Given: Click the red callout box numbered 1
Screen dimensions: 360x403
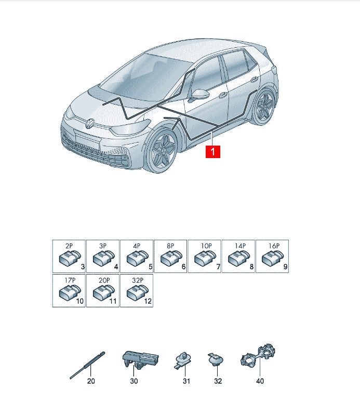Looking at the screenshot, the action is coord(213,152).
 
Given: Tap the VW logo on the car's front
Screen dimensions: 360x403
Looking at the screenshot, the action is coord(90,123).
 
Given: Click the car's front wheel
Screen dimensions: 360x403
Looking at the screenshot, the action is coord(161,150).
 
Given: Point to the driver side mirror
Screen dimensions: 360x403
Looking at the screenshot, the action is coord(198,95).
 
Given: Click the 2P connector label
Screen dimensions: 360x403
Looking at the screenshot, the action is coord(69,246).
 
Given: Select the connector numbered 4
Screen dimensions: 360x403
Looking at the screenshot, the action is coord(103,258).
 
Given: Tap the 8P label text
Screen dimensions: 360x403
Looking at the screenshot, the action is coord(170,246).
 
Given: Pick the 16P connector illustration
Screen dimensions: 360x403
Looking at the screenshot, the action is coord(272,258).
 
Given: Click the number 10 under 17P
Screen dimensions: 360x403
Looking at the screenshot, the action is coord(80,301).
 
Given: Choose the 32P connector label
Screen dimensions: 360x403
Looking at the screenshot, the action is coord(138,280).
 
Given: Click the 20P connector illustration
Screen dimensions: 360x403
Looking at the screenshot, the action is coord(103,292).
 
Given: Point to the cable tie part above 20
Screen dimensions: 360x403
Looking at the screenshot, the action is coord(88,365).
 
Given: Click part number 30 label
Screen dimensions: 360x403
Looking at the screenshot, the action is coord(134,381).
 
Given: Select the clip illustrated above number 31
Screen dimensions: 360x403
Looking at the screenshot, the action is coord(183,360).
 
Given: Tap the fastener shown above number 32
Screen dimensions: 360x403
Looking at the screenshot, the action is coord(216,359).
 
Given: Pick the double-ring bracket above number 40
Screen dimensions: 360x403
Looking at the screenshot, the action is coord(258,355).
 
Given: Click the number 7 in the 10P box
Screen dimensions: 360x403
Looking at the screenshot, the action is coord(218,267).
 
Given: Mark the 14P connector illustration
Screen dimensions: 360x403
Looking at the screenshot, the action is coord(239,258).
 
